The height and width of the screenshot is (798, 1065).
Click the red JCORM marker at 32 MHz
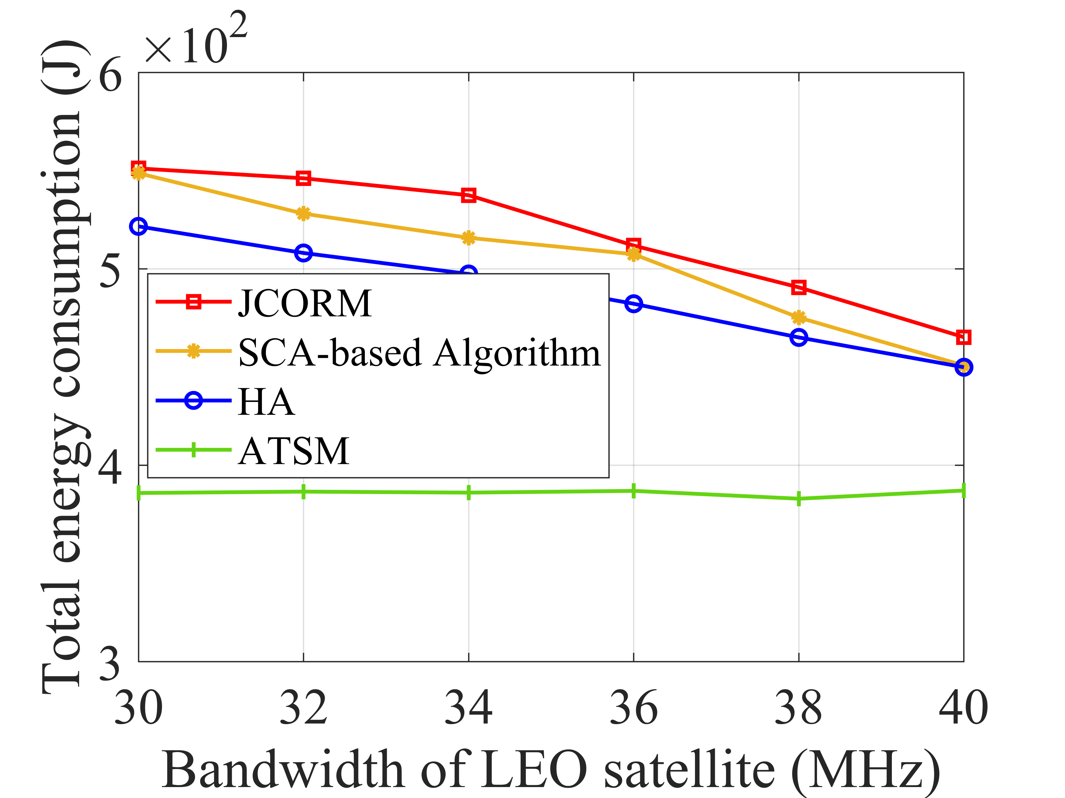(303, 178)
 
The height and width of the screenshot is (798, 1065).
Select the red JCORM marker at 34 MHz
(469, 195)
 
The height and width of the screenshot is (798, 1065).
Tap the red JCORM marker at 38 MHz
(799, 288)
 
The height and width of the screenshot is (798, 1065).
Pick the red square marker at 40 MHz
(963, 337)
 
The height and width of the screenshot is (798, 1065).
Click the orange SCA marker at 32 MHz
(303, 214)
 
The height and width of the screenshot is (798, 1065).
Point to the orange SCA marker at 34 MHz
(469, 238)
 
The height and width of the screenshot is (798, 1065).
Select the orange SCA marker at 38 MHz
(799, 317)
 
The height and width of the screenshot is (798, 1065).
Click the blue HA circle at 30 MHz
(139, 226)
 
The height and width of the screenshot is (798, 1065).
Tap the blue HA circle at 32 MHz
(303, 253)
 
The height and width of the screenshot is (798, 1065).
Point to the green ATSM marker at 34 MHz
(469, 492)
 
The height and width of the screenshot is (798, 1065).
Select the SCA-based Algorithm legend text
(419, 353)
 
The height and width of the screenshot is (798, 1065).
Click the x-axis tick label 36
(634, 708)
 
